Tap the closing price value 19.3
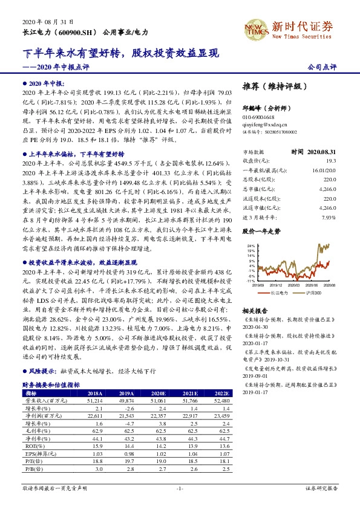click(331, 160)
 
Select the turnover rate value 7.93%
click(329, 216)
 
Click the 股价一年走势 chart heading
click(261, 231)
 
